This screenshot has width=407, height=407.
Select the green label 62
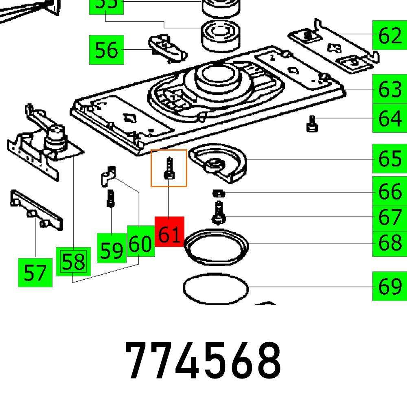click(389, 36)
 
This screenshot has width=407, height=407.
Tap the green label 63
click(389, 89)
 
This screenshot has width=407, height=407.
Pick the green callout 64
click(389, 118)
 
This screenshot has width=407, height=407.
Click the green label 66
click(389, 191)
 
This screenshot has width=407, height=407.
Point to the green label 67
click(389, 217)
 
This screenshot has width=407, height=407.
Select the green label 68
click(389, 243)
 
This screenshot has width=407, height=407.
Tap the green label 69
click(389, 287)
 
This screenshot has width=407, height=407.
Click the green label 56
click(106, 50)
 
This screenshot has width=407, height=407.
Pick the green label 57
click(35, 272)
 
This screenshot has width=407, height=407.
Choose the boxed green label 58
click(73, 262)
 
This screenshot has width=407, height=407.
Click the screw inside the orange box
click(169, 169)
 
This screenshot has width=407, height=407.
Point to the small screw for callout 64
click(313, 124)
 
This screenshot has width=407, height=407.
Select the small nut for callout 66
click(218, 193)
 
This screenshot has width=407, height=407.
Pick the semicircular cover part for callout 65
click(220, 163)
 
